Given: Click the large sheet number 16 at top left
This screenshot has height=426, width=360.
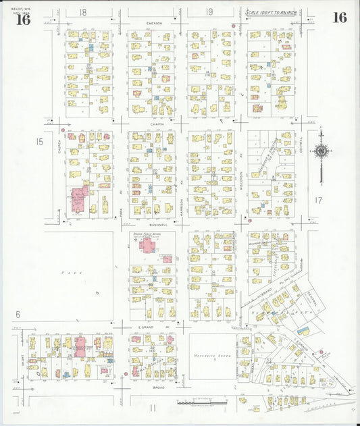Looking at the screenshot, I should [24, 19].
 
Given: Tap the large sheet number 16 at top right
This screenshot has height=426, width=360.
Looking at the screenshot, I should [339, 18].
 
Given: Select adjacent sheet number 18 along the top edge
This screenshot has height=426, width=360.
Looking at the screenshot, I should [82, 12].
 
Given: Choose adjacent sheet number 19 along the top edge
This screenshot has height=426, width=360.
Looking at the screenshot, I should [209, 11].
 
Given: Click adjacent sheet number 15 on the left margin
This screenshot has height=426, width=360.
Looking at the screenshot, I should [40, 141].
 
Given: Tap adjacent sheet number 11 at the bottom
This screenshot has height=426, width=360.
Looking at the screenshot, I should [153, 407].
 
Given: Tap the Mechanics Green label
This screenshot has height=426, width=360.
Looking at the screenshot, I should [211, 355].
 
